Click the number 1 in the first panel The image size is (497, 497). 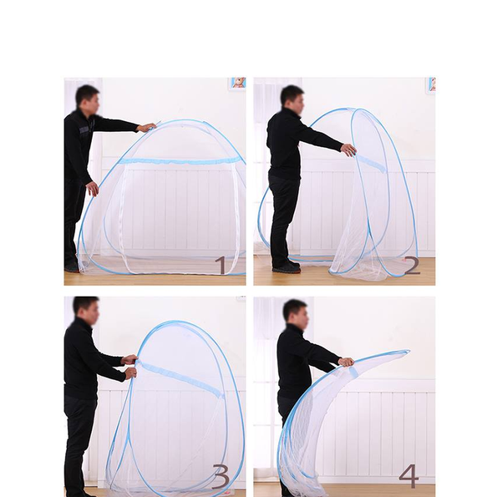pos(221,265)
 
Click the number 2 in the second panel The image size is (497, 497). pos(413,266)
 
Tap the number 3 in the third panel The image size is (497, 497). pos(221,477)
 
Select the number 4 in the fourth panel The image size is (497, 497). pos(409,476)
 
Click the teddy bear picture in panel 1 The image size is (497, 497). pos(237,84)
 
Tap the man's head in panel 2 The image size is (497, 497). pos(292,100)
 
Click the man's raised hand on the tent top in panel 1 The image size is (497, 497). pos(146,127)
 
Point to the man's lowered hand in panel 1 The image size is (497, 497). pos(93,189)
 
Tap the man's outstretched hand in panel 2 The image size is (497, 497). pos(348,150)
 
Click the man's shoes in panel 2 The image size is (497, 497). pos(287,267)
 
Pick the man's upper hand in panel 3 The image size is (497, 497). pos(129,359)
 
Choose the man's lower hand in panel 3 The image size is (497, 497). pos(130,373)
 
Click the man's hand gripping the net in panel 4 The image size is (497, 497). pos(346,362)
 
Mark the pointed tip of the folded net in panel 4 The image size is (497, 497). pos(408,351)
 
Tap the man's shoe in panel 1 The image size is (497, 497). pos(72,268)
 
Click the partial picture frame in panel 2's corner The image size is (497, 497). pos(431,85)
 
